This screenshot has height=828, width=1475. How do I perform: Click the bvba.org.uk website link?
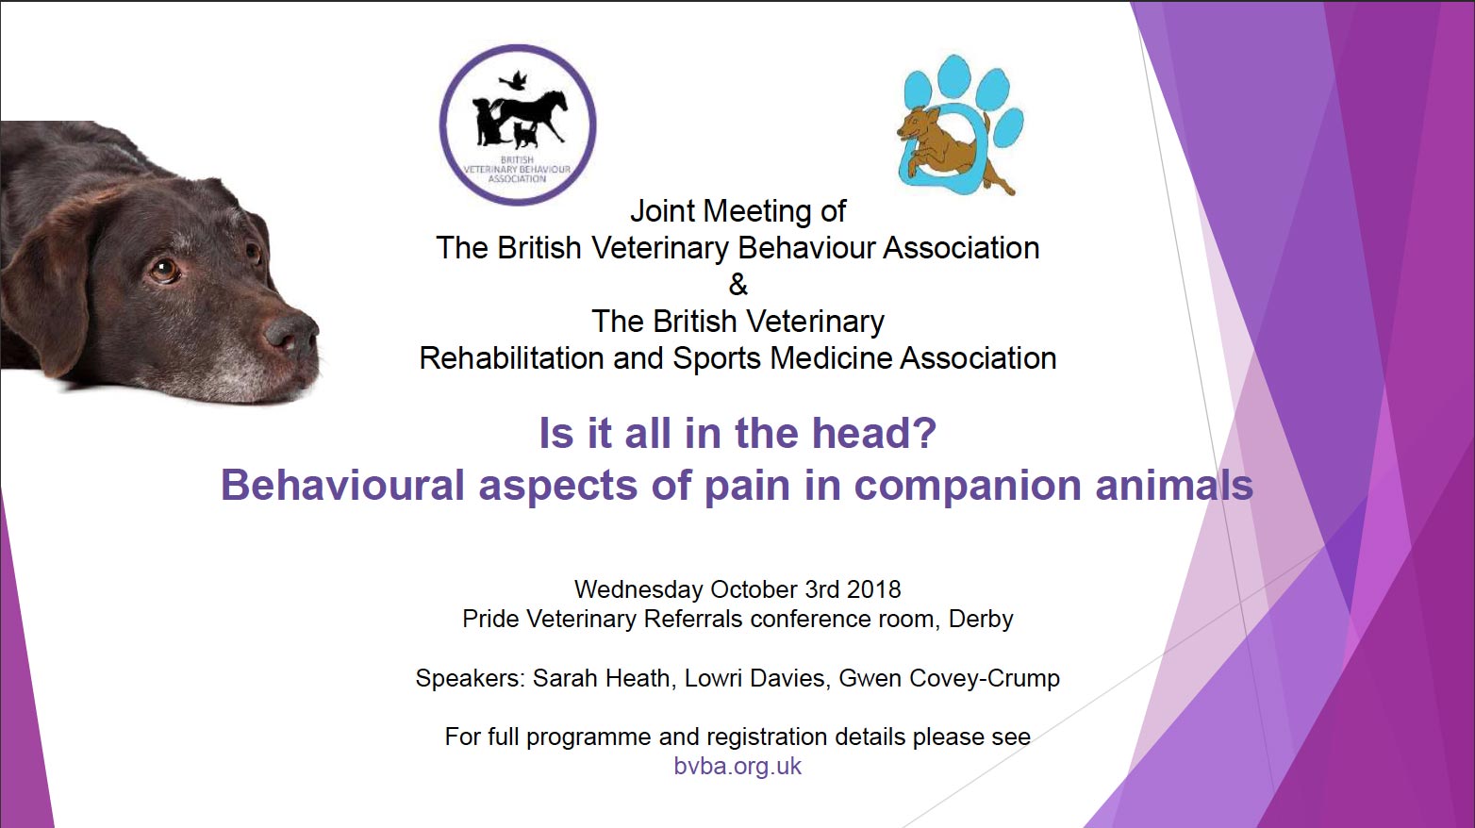737,766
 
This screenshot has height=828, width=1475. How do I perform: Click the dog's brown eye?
164,270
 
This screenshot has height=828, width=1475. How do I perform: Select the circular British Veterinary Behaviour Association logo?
518,124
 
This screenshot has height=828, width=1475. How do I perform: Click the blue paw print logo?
961,125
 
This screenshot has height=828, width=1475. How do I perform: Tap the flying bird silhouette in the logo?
514,80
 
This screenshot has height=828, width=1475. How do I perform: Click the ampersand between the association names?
738,285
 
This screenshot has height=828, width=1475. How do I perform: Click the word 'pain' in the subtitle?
747,486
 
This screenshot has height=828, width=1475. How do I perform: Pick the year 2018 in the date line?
874,588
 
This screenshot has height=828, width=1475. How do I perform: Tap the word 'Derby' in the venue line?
981,620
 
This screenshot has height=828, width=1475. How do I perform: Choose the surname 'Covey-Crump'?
985,678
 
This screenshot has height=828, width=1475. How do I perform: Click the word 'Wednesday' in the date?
638,588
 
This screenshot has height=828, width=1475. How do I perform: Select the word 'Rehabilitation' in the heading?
512,358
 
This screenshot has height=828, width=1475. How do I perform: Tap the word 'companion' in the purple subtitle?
968,486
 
